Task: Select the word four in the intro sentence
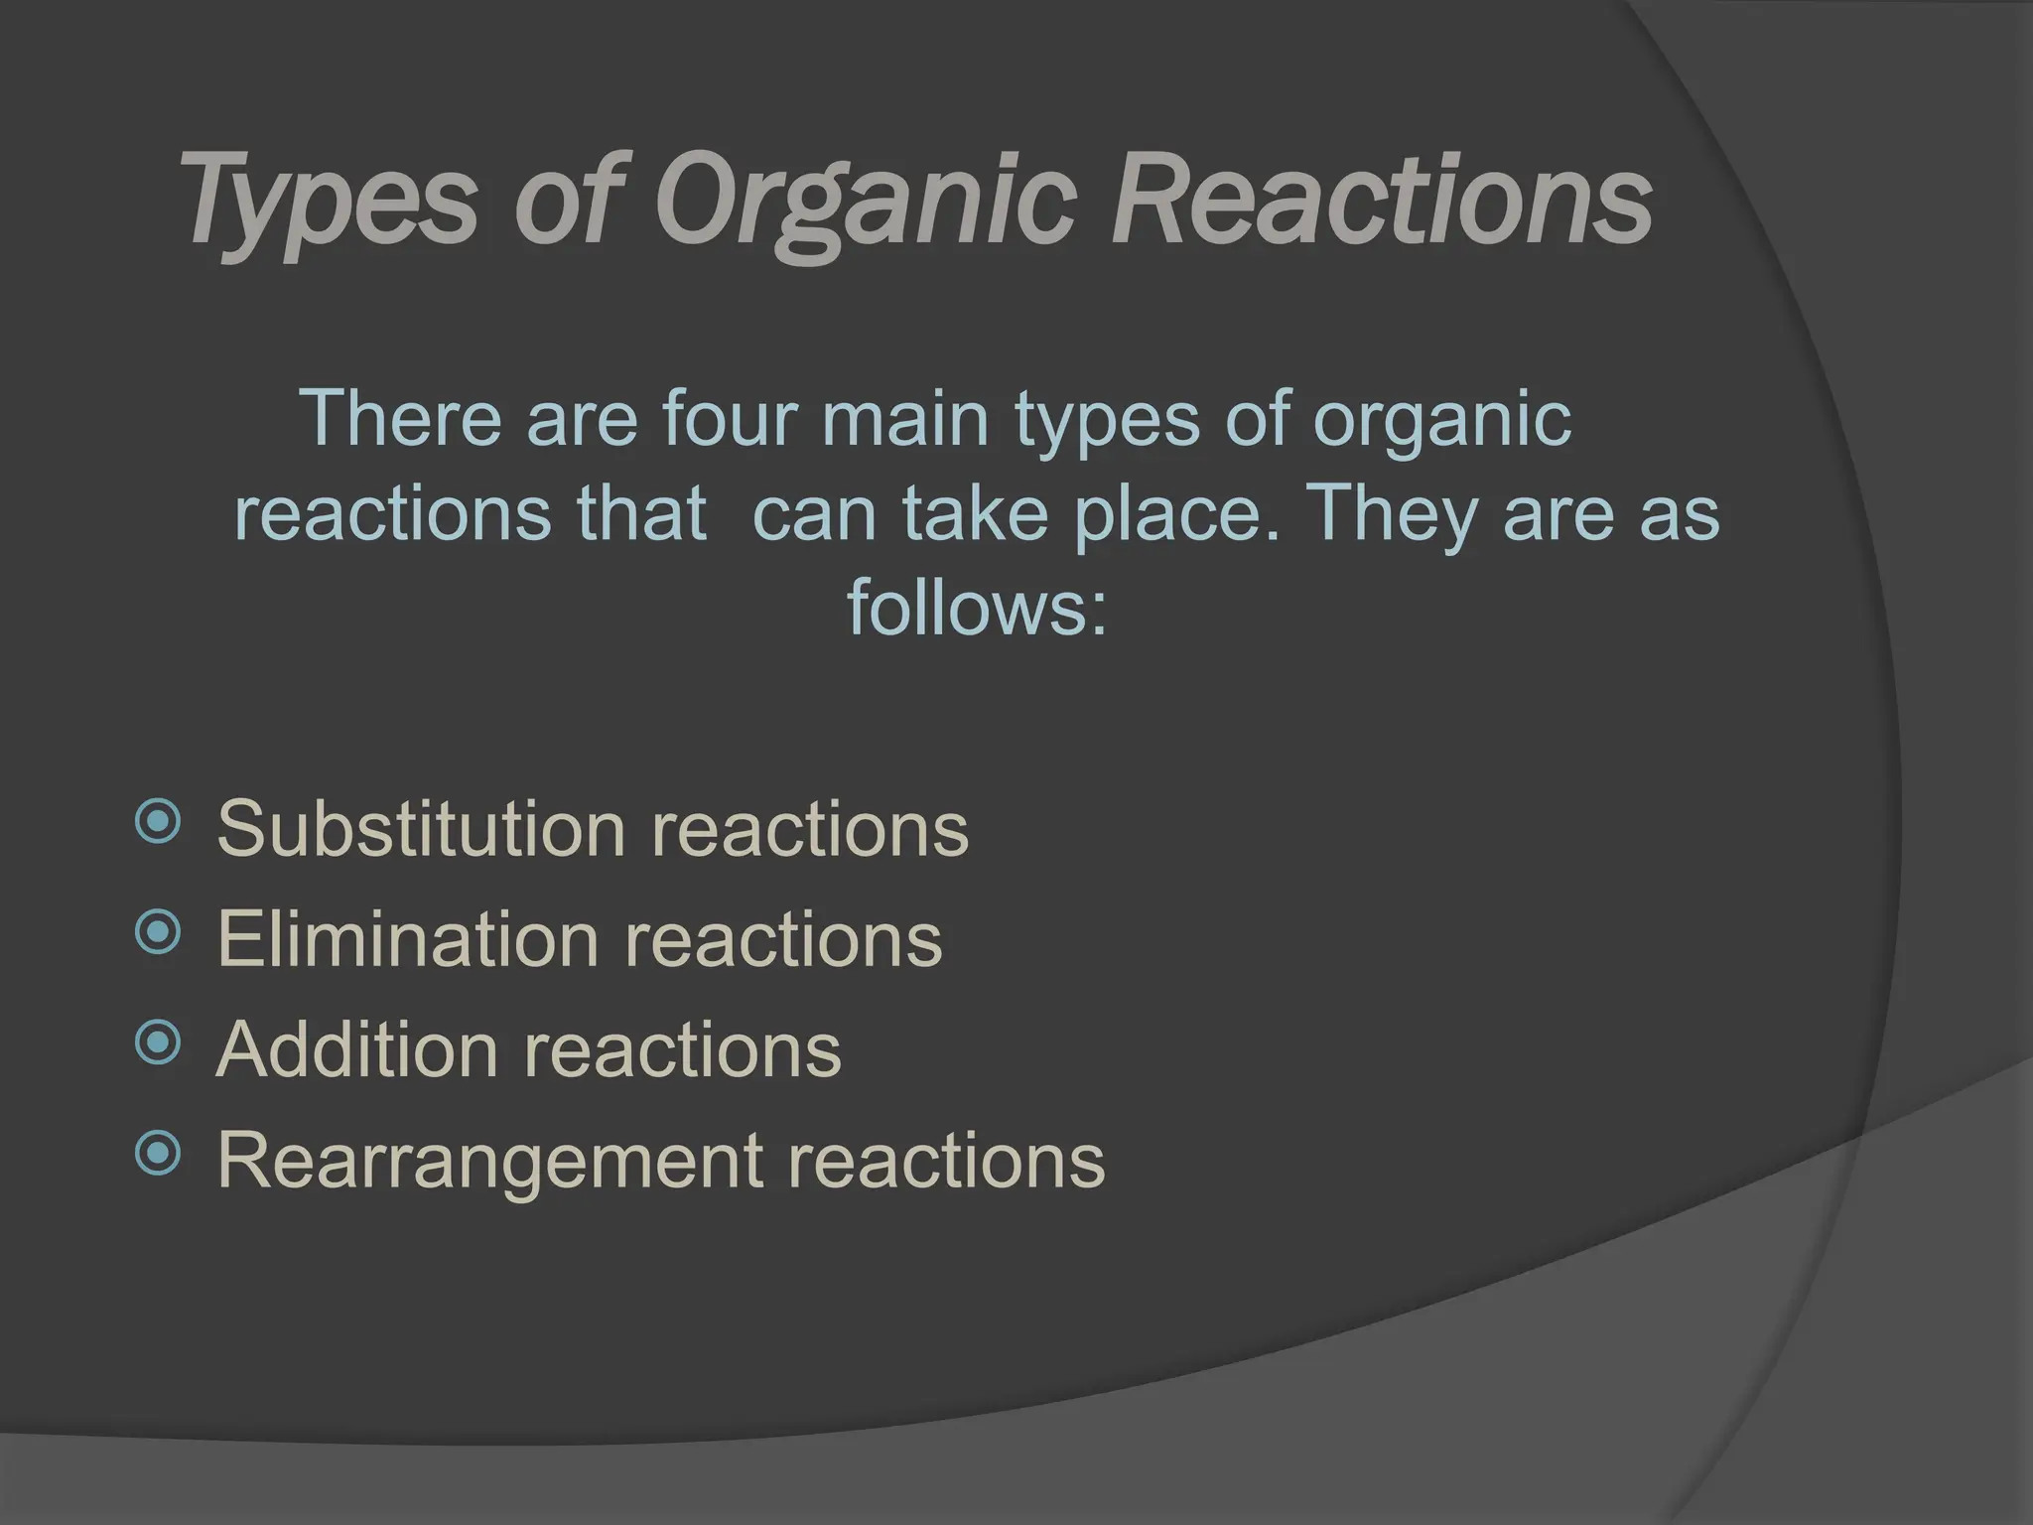point(730,419)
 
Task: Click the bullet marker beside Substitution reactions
point(158,822)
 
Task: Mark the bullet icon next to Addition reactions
point(158,1042)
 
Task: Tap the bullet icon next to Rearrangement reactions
point(158,1153)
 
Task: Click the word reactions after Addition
point(682,1049)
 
